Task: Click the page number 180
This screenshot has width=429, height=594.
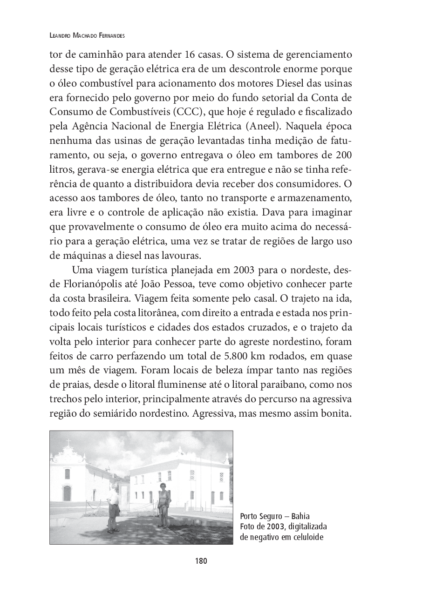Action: coord(201,561)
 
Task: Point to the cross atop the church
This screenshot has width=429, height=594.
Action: coord(68,442)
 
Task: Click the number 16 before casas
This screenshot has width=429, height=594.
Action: coord(190,54)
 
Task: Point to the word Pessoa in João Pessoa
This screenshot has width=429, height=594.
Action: coord(177,284)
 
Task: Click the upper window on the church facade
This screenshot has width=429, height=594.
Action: coord(67,473)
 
